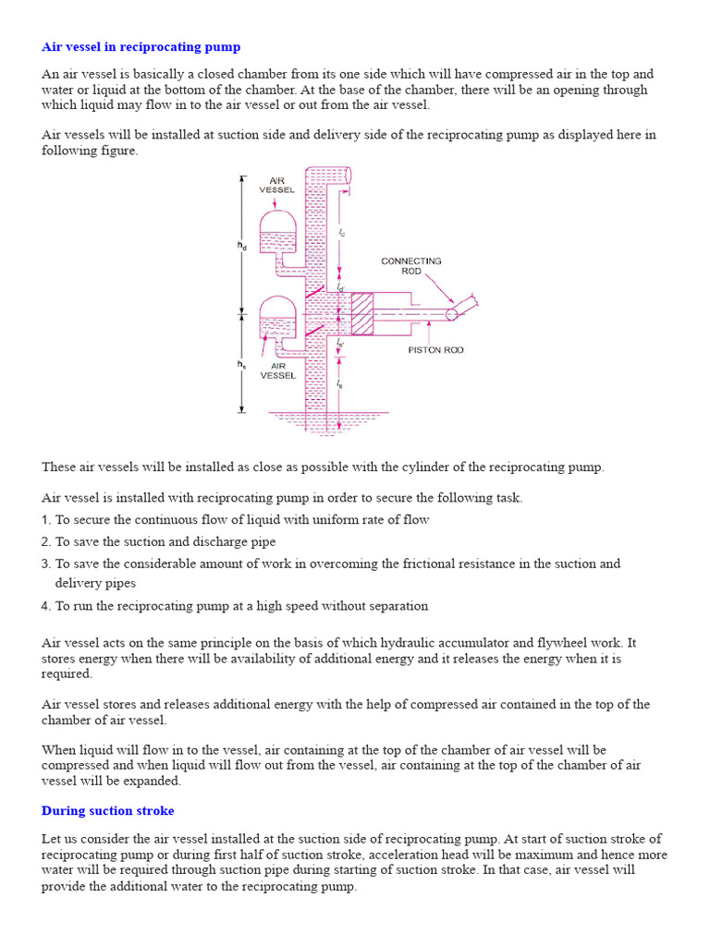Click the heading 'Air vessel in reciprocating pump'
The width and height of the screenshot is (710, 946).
point(141,46)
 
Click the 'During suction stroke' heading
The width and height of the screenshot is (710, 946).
point(107,810)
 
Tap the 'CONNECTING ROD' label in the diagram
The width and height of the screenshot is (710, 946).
point(411,266)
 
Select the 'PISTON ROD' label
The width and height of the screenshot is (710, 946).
point(436,350)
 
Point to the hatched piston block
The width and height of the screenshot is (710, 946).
point(360,313)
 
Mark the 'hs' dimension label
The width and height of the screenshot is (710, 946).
point(241,365)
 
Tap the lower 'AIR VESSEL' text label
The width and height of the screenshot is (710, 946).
point(277,370)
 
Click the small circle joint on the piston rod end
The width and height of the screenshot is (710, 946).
point(452,314)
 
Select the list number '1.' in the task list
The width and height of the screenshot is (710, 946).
point(46,520)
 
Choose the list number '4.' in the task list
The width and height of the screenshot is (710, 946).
point(46,606)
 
